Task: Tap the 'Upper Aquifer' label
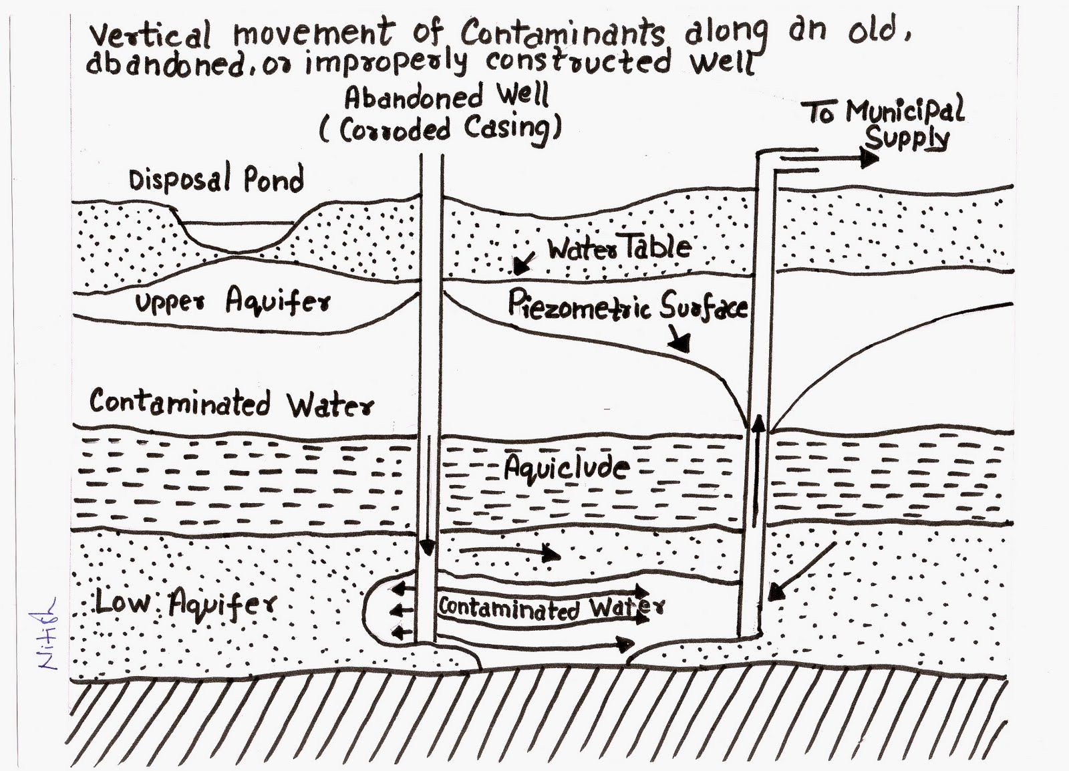coord(233,301)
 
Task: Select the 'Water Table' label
coord(619,248)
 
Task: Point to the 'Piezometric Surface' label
coord(627,306)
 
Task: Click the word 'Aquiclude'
coord(567,468)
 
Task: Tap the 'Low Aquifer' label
coord(185,604)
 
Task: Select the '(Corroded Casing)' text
coord(440,128)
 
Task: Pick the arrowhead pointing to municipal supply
coord(869,158)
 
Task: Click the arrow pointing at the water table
coord(522,265)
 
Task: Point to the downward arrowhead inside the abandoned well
coord(428,548)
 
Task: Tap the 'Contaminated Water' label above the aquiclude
coord(231,404)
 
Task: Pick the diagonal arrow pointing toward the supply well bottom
coord(802,571)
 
